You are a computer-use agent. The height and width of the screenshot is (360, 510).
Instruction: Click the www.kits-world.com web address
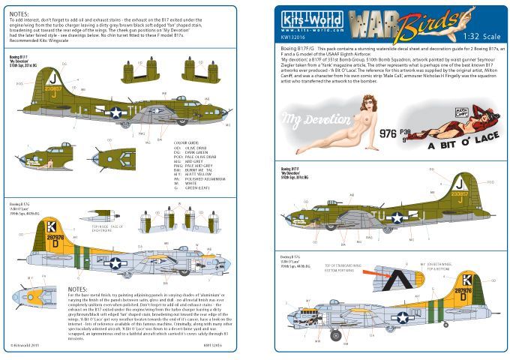(304, 31)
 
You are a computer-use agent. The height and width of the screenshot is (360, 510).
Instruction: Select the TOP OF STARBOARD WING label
(350, 267)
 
